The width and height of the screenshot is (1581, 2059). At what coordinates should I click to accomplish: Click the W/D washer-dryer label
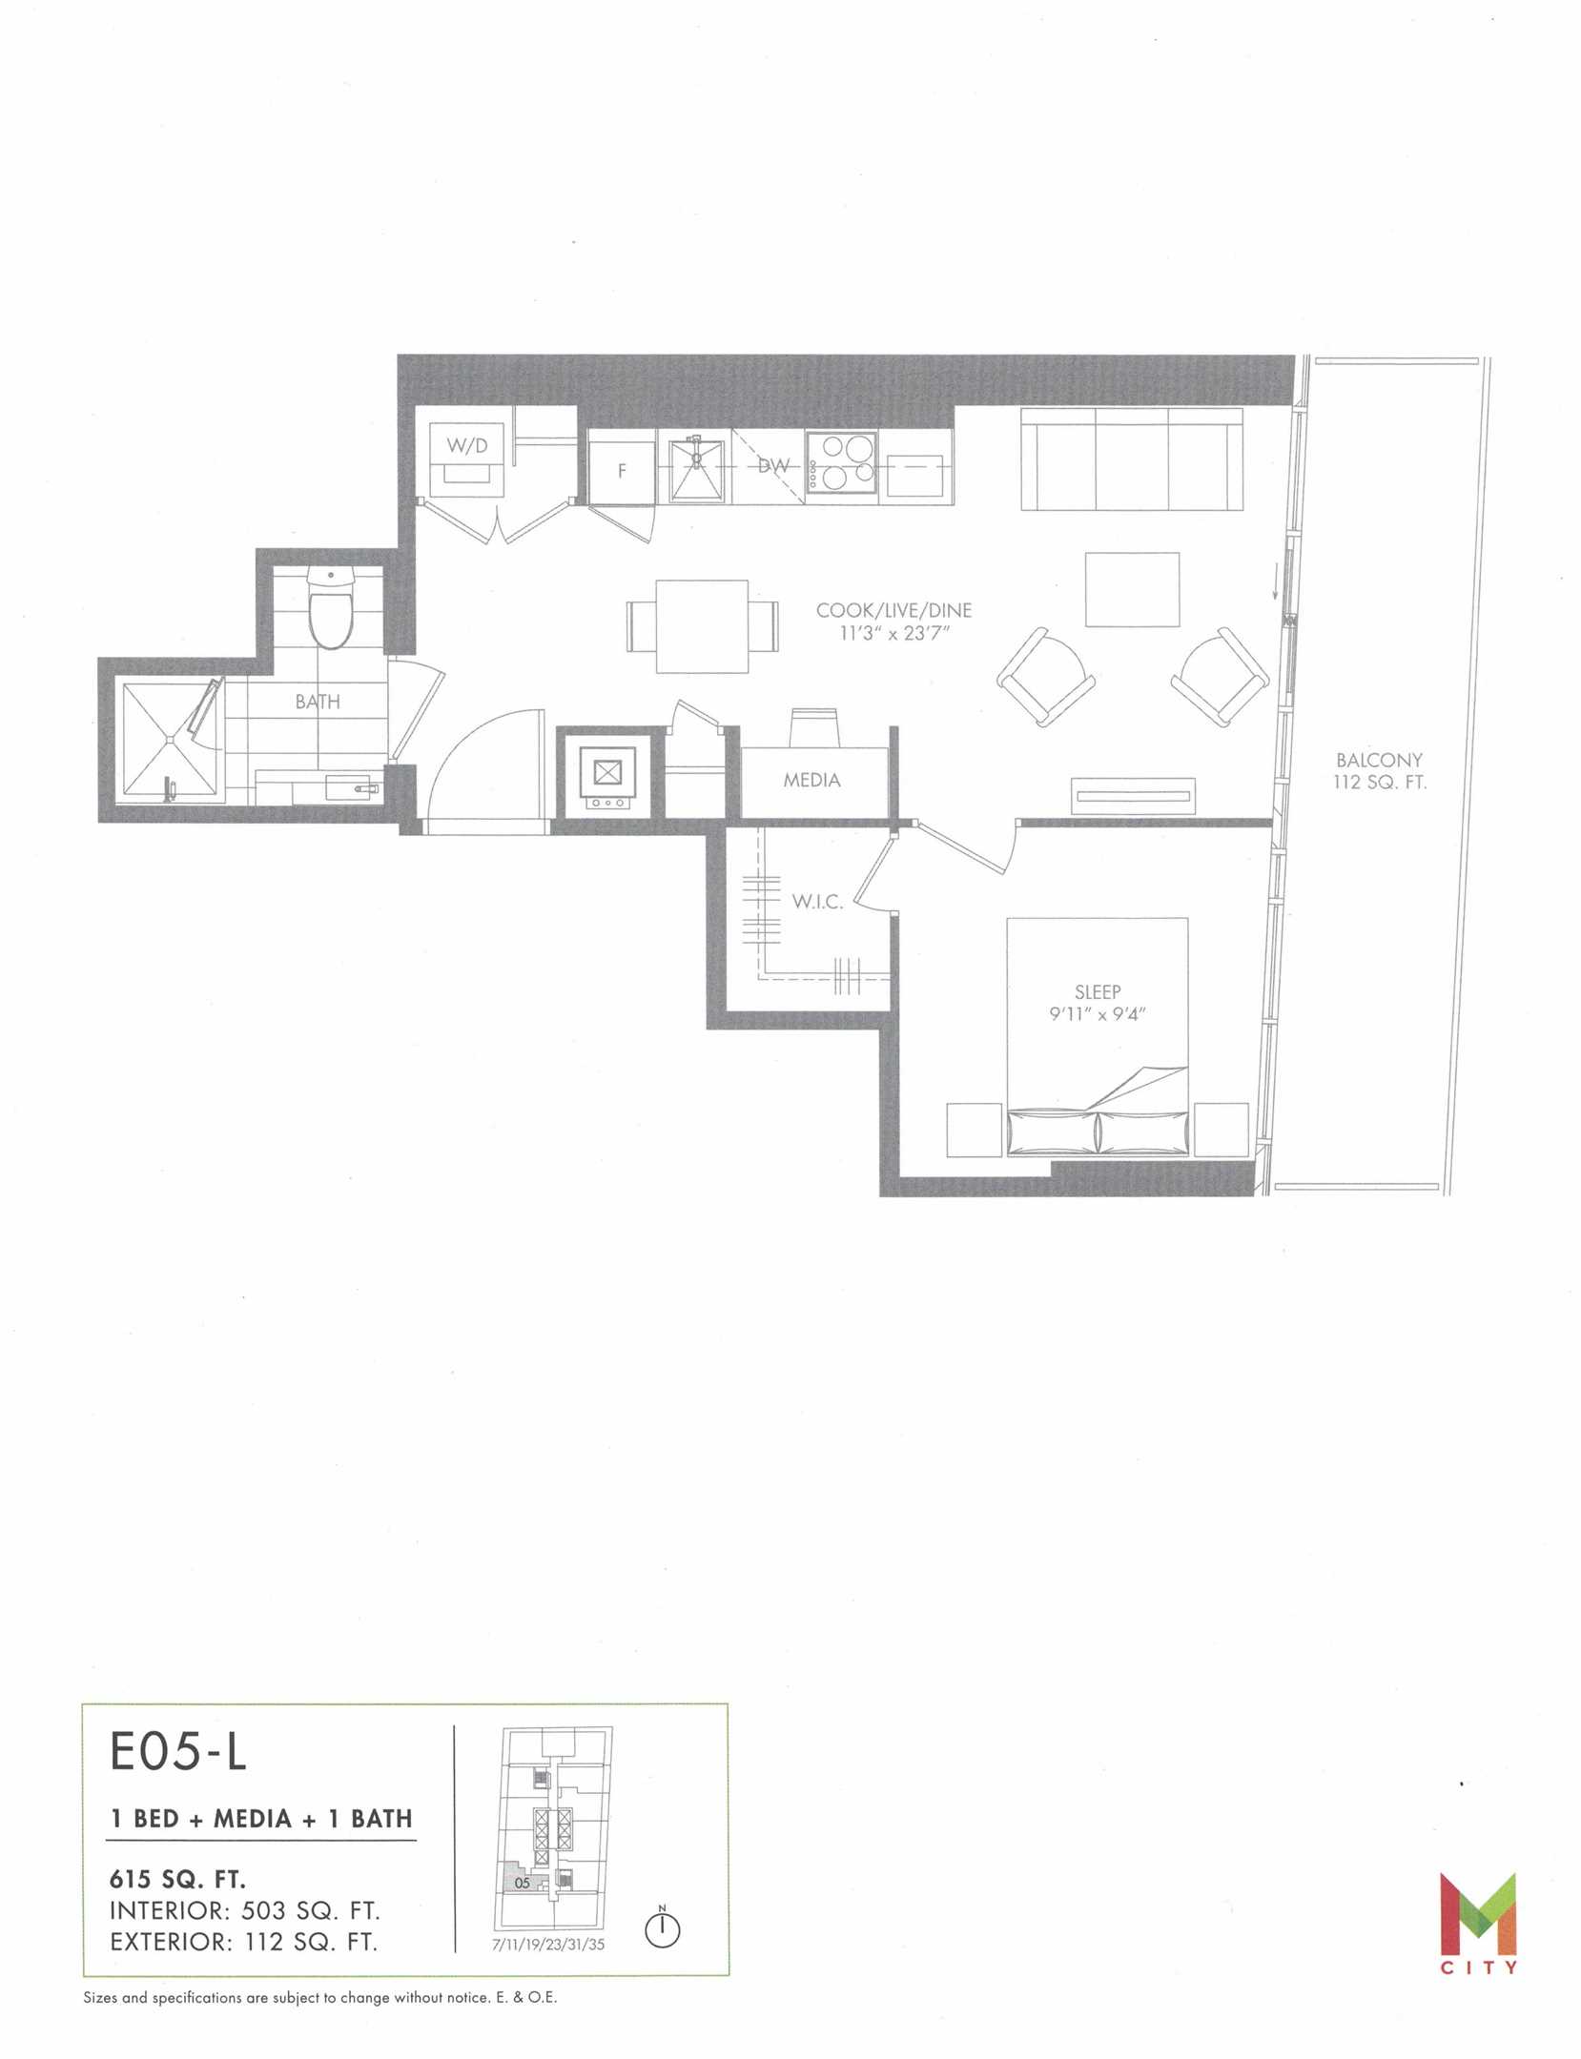[x=467, y=445]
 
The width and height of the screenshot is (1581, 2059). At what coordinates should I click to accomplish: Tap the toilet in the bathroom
[x=332, y=607]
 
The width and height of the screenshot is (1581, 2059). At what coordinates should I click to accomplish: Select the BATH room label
[x=318, y=702]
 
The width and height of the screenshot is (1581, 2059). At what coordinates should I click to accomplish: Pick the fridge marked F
[x=622, y=471]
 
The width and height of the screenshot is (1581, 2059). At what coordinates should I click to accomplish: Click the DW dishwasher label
[x=773, y=467]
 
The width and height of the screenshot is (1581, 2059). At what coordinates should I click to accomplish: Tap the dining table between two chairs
[x=701, y=626]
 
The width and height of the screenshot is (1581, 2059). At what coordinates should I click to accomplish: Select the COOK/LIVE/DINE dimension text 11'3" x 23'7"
[x=893, y=633]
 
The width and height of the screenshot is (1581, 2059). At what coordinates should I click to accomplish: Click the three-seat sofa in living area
[x=1132, y=459]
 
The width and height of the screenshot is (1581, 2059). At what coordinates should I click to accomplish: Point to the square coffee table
[x=1132, y=589]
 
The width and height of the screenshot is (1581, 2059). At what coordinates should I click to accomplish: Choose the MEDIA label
[x=811, y=780]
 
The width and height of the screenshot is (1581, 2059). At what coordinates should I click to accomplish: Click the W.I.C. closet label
[x=817, y=902]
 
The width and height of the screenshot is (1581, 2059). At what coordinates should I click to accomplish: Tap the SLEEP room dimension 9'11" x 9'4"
[x=1097, y=1014]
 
